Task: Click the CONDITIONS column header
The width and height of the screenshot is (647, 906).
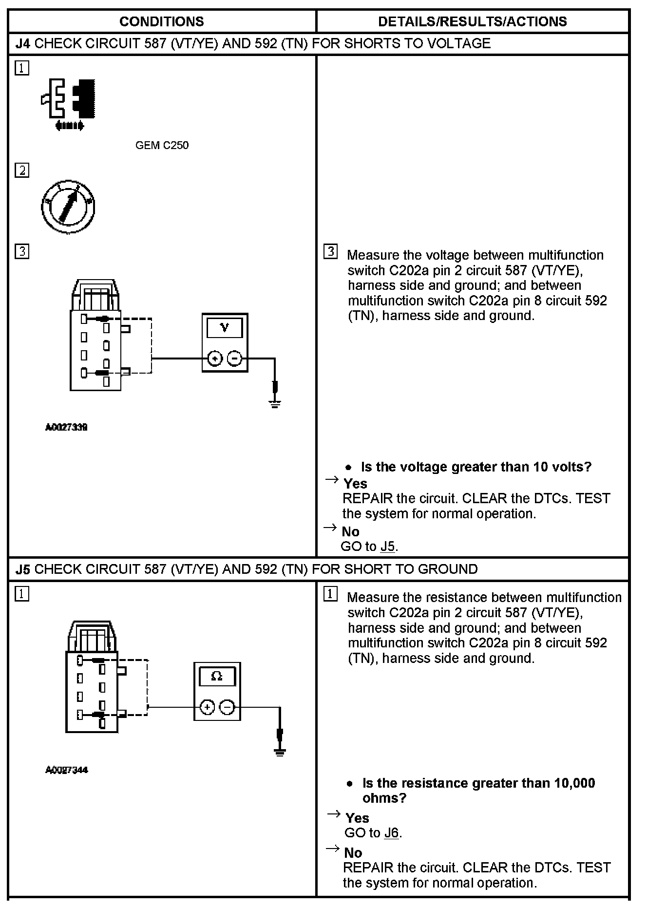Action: (x=161, y=21)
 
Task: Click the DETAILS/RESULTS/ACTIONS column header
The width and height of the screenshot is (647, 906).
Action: (x=472, y=21)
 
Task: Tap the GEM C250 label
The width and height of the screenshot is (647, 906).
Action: (x=162, y=145)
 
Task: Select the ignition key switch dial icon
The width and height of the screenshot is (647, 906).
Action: (x=68, y=207)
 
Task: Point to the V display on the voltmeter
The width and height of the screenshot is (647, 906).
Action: (x=225, y=328)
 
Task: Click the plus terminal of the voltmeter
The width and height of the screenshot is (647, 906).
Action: (x=214, y=359)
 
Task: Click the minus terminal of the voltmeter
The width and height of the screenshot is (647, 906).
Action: (x=235, y=359)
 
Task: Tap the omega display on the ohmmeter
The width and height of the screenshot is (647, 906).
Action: (x=217, y=677)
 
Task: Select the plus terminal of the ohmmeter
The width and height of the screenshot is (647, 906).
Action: (x=207, y=707)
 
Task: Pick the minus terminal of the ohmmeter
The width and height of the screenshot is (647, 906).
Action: (x=227, y=707)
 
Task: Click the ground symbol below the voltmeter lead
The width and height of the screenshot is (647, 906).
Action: (x=275, y=402)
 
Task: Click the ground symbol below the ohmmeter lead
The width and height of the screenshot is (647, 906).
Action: (x=280, y=752)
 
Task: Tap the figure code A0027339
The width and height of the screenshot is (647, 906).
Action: (x=66, y=428)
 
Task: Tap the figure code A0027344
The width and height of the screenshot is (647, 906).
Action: (x=66, y=770)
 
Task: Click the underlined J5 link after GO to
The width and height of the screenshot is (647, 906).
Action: (x=387, y=547)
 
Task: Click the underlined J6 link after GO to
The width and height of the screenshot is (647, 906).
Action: (x=391, y=833)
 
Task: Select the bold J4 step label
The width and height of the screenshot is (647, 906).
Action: (x=23, y=44)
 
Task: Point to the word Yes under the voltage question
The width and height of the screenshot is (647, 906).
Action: (x=355, y=484)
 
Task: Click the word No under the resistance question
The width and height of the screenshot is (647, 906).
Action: (x=353, y=853)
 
